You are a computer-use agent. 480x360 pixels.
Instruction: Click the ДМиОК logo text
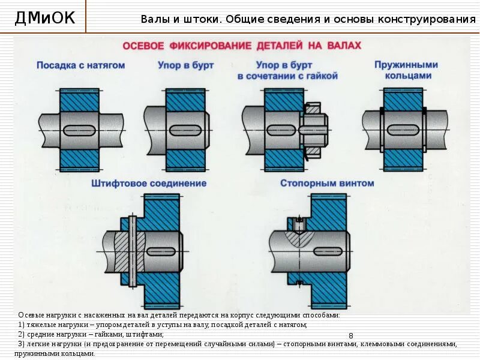pyautogui.click(x=45, y=18)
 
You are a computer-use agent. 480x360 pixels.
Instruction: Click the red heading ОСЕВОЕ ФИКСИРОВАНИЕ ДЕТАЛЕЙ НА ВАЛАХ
pyautogui.click(x=242, y=46)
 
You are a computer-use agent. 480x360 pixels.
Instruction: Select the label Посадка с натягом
pyautogui.click(x=80, y=65)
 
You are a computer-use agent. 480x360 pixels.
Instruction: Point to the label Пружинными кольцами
pyautogui.click(x=406, y=70)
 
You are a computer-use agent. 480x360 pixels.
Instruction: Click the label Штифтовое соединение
pyautogui.click(x=149, y=183)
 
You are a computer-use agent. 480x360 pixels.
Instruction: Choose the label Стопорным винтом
pyautogui.click(x=327, y=183)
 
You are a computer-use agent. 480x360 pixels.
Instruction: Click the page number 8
pyautogui.click(x=351, y=335)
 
